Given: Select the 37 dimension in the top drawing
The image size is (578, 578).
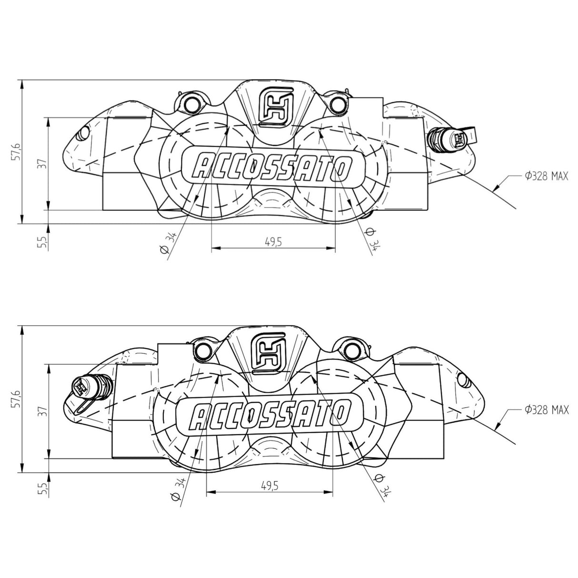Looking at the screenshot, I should click(42, 164).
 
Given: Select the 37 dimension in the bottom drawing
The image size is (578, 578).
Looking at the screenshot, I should click(42, 411).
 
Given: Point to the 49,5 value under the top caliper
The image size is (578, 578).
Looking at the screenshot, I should click(273, 242).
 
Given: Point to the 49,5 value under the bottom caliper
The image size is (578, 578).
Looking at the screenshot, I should click(269, 486).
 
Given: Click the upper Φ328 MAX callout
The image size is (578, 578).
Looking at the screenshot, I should click(547, 176).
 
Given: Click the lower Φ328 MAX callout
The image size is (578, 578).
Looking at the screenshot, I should click(547, 409).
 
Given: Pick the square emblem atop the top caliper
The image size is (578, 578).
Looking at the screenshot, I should click(276, 107).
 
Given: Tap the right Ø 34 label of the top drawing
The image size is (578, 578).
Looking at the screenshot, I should click(372, 238).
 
